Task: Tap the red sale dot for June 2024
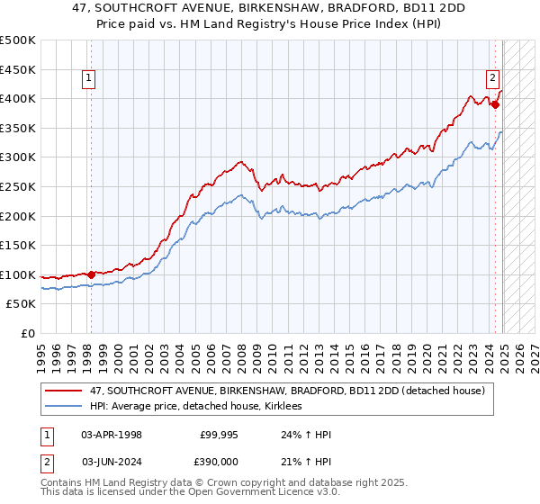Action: pyautogui.click(x=496, y=104)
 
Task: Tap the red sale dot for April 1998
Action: pyautogui.click(x=91, y=274)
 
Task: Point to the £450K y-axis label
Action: pyautogui.click(x=18, y=69)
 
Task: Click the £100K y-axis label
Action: pyautogui.click(x=18, y=274)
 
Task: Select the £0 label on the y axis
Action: pyautogui.click(x=27, y=334)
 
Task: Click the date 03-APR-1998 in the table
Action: pyautogui.click(x=111, y=435)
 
